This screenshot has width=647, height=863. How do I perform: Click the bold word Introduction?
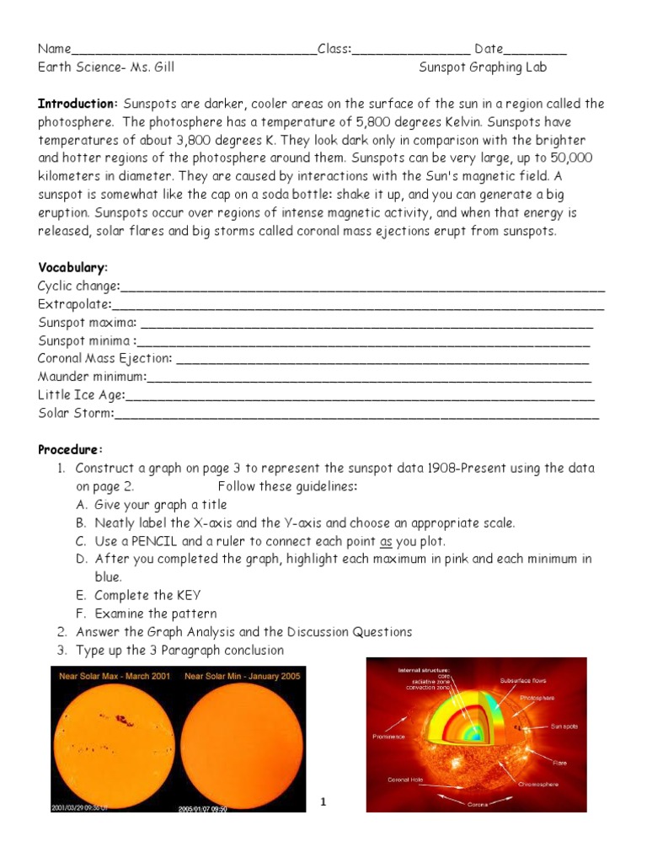(x=78, y=104)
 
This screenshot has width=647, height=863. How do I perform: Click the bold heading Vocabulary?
(x=72, y=267)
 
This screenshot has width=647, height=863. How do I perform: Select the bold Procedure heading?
(x=70, y=449)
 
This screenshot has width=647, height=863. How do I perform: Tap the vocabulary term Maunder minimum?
(x=92, y=376)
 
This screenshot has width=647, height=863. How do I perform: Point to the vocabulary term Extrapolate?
(x=74, y=304)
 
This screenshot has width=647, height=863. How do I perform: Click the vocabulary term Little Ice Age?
(x=81, y=394)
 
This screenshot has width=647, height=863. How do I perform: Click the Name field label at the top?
(x=55, y=50)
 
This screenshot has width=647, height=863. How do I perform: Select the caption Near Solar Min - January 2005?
(x=243, y=677)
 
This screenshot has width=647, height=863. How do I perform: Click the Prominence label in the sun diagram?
(x=388, y=736)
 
